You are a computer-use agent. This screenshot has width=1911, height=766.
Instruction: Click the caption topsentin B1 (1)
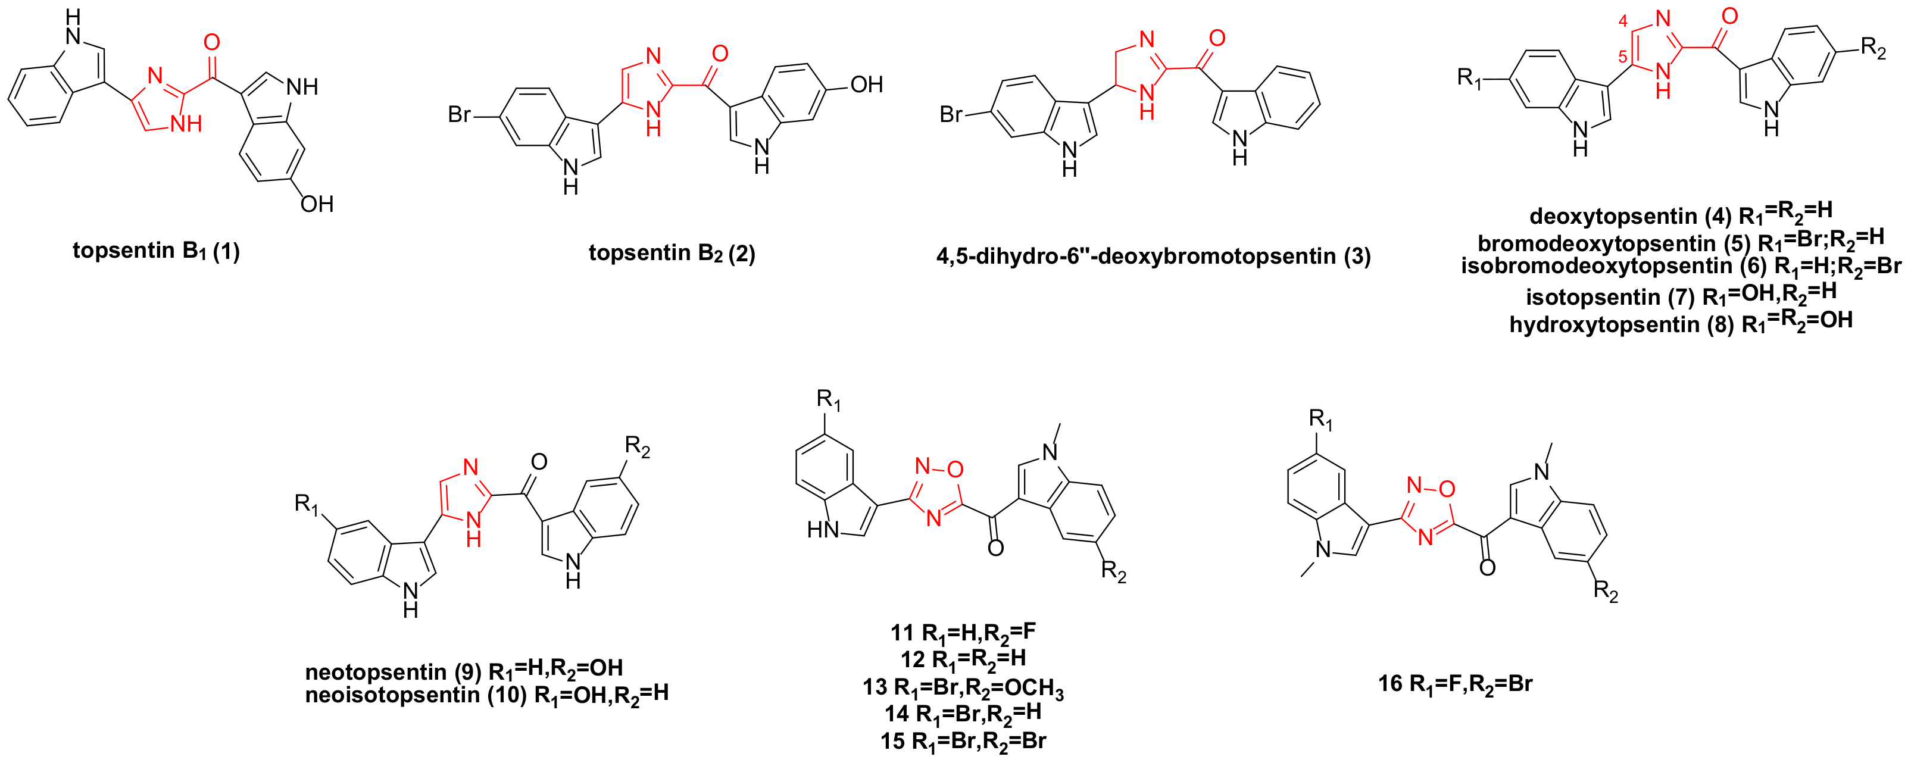point(156,251)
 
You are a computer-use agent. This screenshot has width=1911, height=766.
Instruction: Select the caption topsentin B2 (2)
point(672,253)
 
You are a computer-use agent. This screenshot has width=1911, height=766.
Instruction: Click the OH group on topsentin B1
point(317,204)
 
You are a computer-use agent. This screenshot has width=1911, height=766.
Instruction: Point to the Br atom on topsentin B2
point(459,114)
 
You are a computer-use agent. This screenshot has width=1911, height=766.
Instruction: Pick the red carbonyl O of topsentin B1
point(211,42)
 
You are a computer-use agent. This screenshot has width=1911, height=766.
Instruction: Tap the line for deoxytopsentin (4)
point(1680,214)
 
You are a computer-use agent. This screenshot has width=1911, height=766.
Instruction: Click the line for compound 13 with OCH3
point(962,687)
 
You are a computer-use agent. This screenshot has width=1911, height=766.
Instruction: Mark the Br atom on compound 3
point(951,114)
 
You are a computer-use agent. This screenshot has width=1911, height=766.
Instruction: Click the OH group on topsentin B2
point(866,85)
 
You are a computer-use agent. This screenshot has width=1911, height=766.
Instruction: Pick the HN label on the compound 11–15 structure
point(823,530)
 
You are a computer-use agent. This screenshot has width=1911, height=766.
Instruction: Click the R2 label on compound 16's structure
point(1606,592)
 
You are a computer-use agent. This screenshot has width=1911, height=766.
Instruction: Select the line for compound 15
point(962,741)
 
